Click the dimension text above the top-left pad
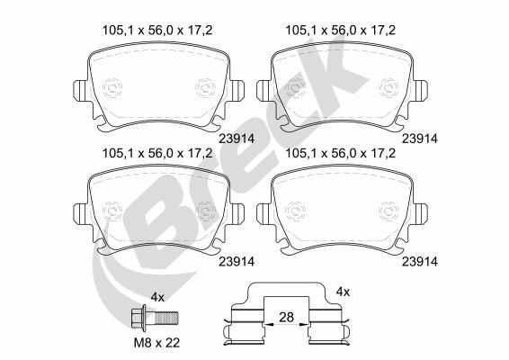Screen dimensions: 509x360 [157, 31]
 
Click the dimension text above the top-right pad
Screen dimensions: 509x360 [341, 31]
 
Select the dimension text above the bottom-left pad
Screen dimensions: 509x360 [157, 153]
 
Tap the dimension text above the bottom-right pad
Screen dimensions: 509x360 [341, 153]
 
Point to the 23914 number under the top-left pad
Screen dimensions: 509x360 [237, 139]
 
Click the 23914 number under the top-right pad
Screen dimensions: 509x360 [420, 139]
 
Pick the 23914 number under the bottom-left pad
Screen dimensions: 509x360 [237, 262]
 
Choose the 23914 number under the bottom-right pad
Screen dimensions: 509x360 [420, 262]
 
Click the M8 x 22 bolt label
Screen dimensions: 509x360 [157, 343]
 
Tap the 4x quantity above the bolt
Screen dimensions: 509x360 [157, 297]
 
